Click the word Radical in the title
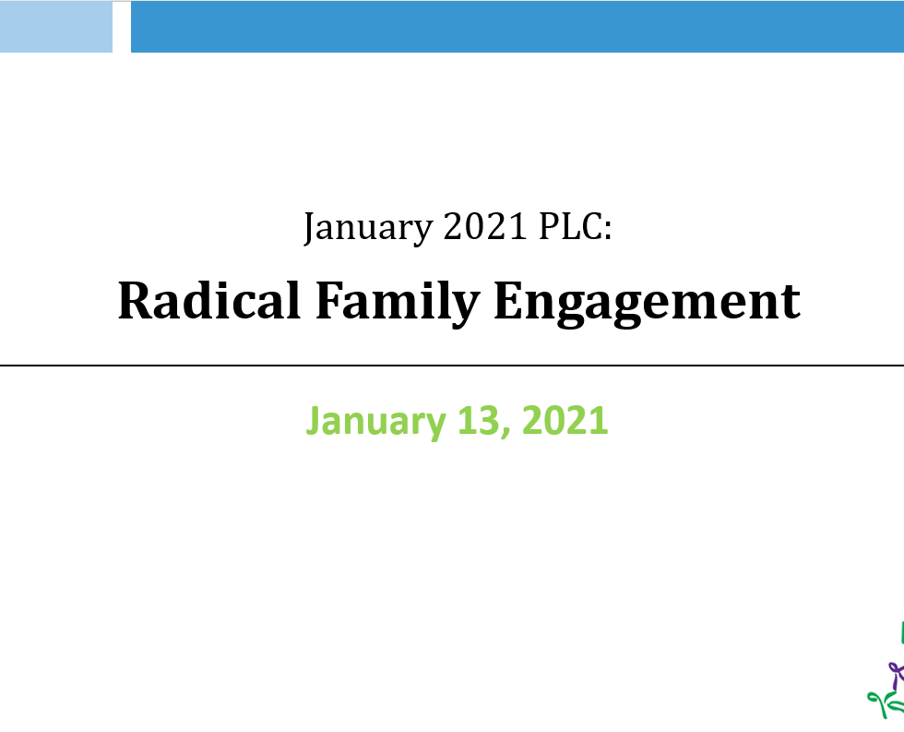coord(208,300)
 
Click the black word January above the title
coord(368,227)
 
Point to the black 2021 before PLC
coord(485,226)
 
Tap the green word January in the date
coord(376,422)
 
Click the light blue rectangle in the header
coord(56,27)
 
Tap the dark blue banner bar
coord(517,27)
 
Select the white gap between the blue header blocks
coord(122,27)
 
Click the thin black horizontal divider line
coord(452,366)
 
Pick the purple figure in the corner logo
coord(896,675)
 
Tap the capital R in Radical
coord(135,300)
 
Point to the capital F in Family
coord(330,300)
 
